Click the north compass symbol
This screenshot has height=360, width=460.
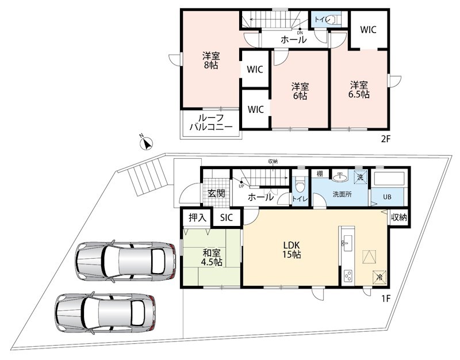tap(147, 143)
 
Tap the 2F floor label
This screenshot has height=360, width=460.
tap(385, 139)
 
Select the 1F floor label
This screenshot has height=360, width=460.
tap(386, 298)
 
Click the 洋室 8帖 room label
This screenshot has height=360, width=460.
tap(211, 60)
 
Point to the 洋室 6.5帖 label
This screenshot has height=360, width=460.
tap(358, 90)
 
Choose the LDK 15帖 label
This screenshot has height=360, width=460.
tap(292, 250)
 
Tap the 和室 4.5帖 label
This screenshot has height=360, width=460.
tap(211, 257)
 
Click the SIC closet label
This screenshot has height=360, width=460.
tap(227, 217)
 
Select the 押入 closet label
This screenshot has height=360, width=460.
tap(197, 217)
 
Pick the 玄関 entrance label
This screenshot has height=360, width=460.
tap(217, 193)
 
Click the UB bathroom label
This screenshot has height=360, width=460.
tap(387, 197)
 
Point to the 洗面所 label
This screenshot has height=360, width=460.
tap(342, 194)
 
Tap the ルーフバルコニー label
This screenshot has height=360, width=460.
tap(211, 122)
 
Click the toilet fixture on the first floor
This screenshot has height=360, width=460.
tap(299, 184)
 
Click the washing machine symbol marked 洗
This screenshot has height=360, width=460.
tap(361, 177)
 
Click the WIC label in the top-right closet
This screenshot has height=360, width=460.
tap(368, 30)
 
